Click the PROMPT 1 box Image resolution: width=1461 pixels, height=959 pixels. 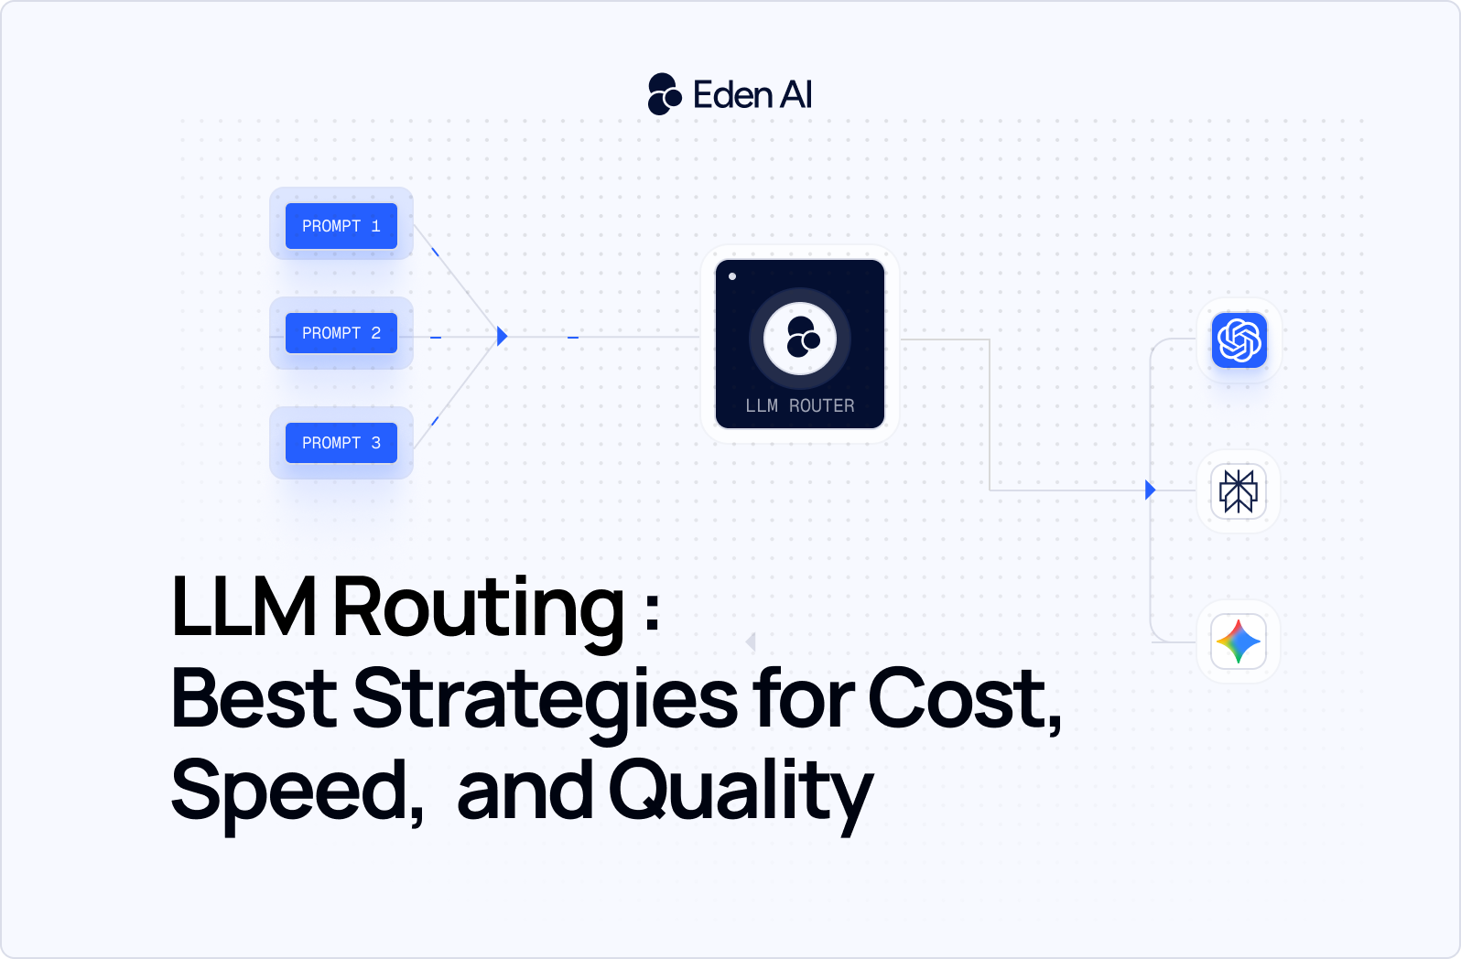point(341,226)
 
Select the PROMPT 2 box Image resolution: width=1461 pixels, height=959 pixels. point(341,333)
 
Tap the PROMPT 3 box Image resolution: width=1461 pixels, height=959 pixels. point(341,443)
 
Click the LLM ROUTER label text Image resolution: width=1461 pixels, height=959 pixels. point(799,405)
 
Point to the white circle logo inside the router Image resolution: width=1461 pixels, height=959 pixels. point(800,339)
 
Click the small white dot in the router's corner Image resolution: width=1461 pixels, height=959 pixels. point(732,276)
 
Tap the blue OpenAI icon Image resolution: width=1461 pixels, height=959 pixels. point(1239,340)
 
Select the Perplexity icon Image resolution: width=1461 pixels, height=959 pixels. point(1239,491)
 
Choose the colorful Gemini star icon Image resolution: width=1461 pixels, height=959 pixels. point(1239,641)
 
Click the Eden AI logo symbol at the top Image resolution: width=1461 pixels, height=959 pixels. point(665,94)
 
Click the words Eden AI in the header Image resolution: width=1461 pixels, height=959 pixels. point(752,95)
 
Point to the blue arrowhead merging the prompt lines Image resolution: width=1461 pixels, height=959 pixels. point(502,336)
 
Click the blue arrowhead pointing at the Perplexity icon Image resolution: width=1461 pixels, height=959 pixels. point(1151,490)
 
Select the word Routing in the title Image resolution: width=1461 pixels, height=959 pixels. point(478,609)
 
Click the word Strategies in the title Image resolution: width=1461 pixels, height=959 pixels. point(545,700)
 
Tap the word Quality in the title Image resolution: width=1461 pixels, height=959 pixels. point(741,792)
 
